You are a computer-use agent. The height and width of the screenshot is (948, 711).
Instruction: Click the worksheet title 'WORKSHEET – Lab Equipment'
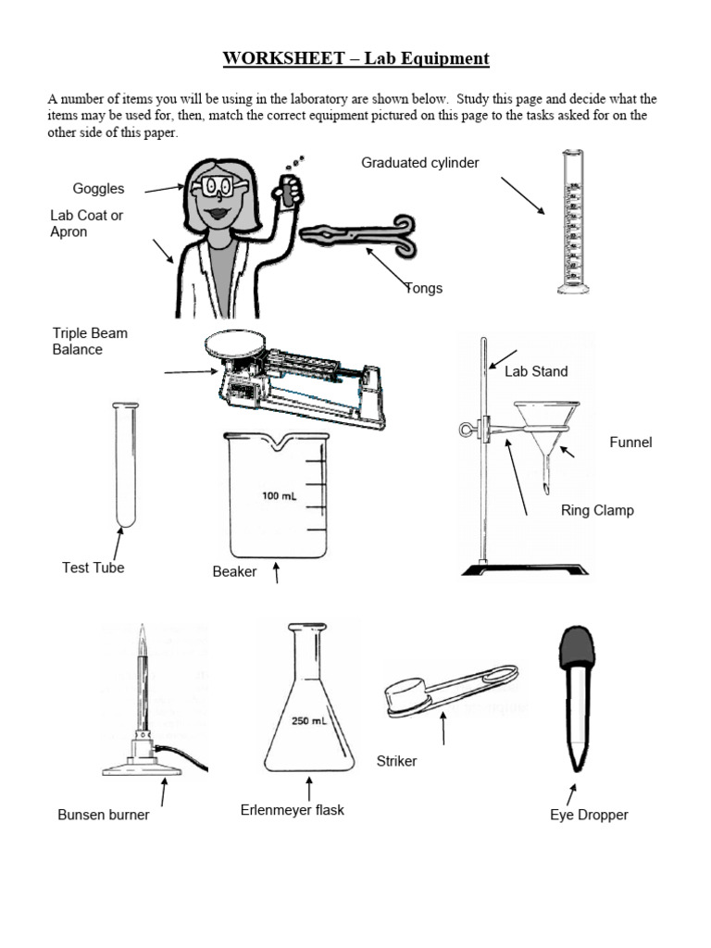355,59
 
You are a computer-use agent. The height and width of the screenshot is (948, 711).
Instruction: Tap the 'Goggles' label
98,189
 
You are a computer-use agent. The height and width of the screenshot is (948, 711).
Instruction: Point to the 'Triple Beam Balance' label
90,342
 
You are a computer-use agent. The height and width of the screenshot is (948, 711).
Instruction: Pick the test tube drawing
124,463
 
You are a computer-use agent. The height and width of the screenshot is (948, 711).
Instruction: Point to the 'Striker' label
396,761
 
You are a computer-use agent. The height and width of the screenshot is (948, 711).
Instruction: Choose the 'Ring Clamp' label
597,510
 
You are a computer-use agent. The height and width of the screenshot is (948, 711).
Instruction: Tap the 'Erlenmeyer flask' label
292,810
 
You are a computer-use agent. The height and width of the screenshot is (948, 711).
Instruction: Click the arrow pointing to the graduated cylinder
523,195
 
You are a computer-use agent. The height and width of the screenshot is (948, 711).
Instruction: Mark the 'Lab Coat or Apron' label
86,223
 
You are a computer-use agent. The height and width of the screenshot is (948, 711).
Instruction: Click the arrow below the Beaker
277,573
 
